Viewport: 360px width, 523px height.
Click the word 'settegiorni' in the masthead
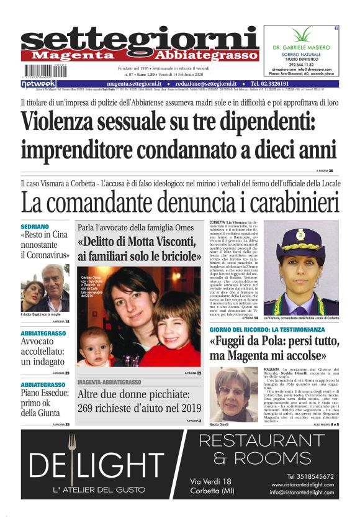pos(140,39)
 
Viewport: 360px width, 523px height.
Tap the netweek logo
pos(38,83)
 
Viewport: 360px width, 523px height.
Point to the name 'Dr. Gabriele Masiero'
pos(302,47)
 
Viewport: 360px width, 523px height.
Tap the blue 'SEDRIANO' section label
pos(35,227)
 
